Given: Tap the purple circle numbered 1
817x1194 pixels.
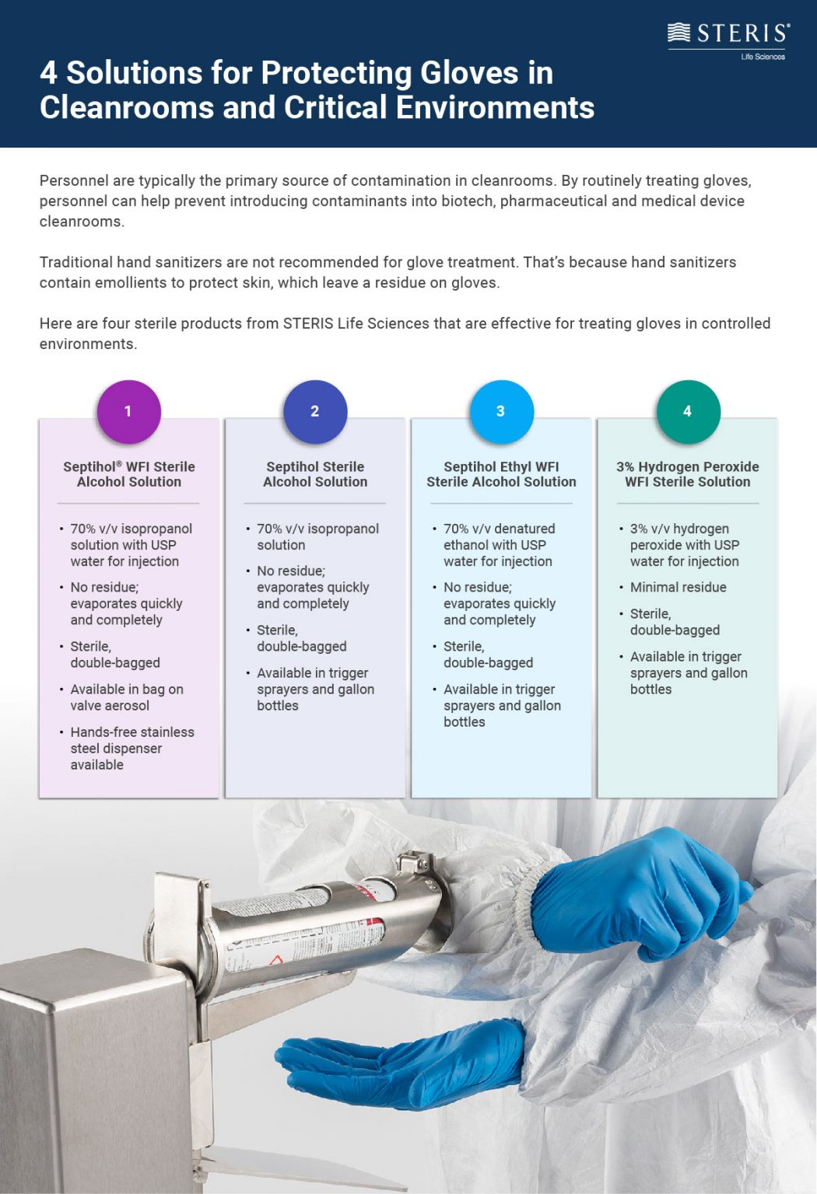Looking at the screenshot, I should [128, 411].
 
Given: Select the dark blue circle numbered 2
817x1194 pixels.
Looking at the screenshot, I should [315, 411].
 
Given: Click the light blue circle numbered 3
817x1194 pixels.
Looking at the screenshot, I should [501, 411].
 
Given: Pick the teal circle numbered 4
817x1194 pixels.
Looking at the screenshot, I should [688, 411].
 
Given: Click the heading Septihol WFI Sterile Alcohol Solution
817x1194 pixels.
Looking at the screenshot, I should [129, 474].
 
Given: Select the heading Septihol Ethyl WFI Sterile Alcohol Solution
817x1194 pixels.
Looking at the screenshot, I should [501, 474].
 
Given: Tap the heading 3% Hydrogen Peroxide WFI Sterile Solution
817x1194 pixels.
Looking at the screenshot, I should [688, 474].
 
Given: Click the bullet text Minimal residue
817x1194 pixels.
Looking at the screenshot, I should [678, 588].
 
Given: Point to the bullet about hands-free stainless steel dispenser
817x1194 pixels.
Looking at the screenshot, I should [131, 748].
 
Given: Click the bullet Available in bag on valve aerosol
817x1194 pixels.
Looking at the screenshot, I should [126, 697].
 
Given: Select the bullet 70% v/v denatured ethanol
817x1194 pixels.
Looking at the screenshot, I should [498, 545].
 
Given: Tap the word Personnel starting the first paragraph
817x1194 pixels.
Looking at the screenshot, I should [74, 181].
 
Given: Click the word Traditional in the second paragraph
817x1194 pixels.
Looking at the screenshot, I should [75, 263].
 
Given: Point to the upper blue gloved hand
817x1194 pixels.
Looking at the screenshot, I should [638, 894].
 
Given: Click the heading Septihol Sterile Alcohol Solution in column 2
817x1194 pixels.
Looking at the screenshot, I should [315, 474].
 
